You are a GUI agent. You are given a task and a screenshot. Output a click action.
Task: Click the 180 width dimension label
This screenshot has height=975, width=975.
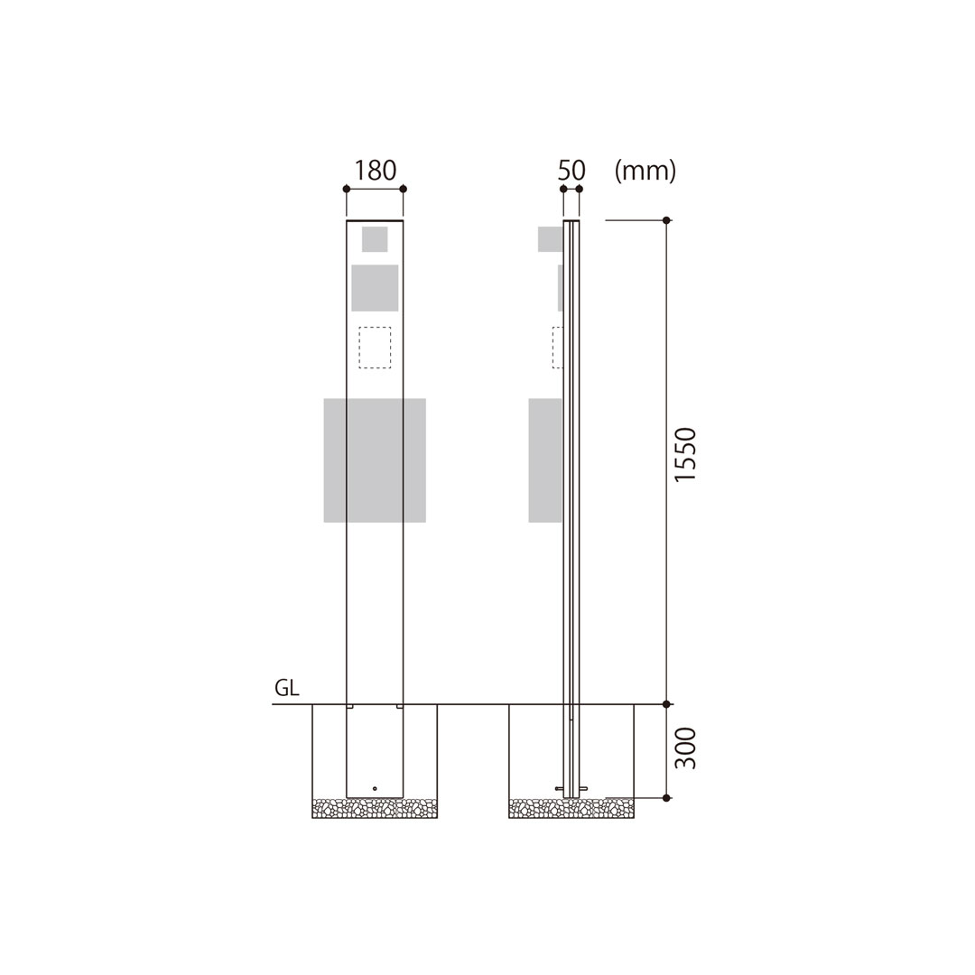(x=375, y=171)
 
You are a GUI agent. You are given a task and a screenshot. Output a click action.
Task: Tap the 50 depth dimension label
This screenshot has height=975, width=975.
(x=571, y=171)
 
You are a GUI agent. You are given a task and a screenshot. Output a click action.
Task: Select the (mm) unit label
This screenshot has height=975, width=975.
(x=645, y=171)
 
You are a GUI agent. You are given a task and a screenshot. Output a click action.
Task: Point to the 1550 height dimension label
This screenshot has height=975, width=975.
(x=685, y=454)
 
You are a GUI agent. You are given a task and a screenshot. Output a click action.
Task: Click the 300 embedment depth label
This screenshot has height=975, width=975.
(x=685, y=748)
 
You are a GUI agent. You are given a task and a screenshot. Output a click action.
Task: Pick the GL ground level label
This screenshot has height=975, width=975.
(x=287, y=688)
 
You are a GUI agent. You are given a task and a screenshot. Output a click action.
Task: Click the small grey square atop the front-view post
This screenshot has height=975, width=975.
(x=375, y=239)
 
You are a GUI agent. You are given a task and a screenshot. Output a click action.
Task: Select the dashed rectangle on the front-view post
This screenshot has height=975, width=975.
(x=375, y=348)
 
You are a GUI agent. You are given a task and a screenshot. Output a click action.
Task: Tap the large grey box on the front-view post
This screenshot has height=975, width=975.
(x=375, y=460)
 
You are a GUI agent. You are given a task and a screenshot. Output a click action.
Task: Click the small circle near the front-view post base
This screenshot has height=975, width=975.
(x=375, y=788)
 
